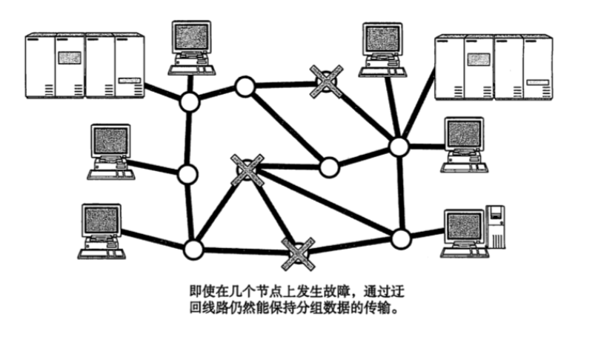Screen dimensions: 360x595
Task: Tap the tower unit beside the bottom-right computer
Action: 496,226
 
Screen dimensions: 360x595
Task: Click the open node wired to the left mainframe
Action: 190,102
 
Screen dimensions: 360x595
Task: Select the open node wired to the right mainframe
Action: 399,147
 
